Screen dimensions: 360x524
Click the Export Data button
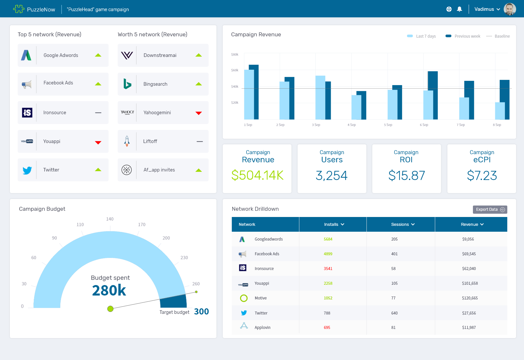tap(490, 209)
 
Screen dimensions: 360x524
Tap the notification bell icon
tap(459, 9)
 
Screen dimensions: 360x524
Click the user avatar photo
tap(510, 9)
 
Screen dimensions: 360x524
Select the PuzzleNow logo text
tap(41, 9)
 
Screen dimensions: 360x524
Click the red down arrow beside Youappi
tap(98, 142)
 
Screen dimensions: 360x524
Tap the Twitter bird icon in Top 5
tap(27, 170)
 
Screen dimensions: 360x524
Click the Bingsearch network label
tap(155, 84)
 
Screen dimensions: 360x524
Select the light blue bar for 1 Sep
tap(249, 95)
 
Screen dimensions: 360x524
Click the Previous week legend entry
tap(463, 36)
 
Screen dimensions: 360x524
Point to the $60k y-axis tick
tap(235, 70)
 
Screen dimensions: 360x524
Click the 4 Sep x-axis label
tap(351, 125)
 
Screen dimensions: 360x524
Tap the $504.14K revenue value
tap(257, 175)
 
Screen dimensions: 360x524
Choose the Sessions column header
tap(402, 225)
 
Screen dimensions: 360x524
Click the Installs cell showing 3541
tap(328, 269)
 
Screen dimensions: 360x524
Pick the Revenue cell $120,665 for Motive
tap(470, 298)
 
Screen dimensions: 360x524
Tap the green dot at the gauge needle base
tap(110, 309)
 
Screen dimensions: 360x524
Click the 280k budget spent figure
tap(109, 291)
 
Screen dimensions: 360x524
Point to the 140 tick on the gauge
tap(110, 219)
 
